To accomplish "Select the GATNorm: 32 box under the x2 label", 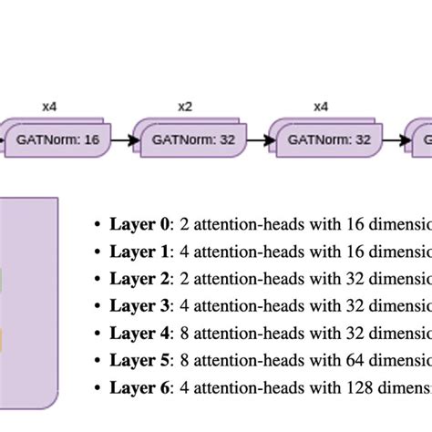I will coord(186,140).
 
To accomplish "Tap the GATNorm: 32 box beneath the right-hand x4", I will coord(322,140).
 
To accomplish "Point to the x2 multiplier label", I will coord(185,107).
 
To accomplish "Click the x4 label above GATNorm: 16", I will coord(49,107).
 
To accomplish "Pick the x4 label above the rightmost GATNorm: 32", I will coord(321,107).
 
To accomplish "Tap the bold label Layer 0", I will coord(139,223).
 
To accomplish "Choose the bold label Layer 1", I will coord(139,251).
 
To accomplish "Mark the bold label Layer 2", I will coord(139,278).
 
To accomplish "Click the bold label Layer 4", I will coord(139,333).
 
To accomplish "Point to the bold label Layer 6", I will coord(139,387).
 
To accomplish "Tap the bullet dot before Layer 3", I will coord(98,306).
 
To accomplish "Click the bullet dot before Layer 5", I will coord(98,361).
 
